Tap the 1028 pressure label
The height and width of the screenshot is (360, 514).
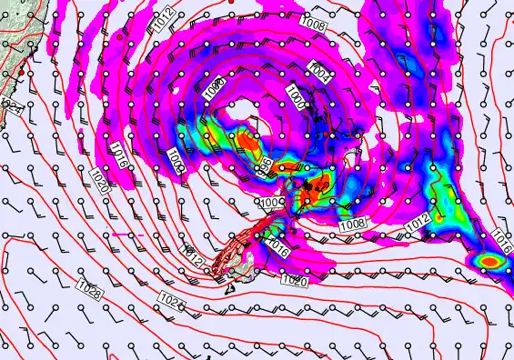tap(90, 290)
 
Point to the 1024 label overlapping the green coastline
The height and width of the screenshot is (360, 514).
tap(12, 107)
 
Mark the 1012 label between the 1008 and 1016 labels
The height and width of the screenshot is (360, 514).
tap(417, 222)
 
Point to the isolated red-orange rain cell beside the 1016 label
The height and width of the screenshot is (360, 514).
tap(491, 262)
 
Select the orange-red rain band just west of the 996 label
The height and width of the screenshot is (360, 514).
tap(248, 143)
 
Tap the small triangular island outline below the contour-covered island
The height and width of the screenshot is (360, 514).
tap(230, 289)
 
